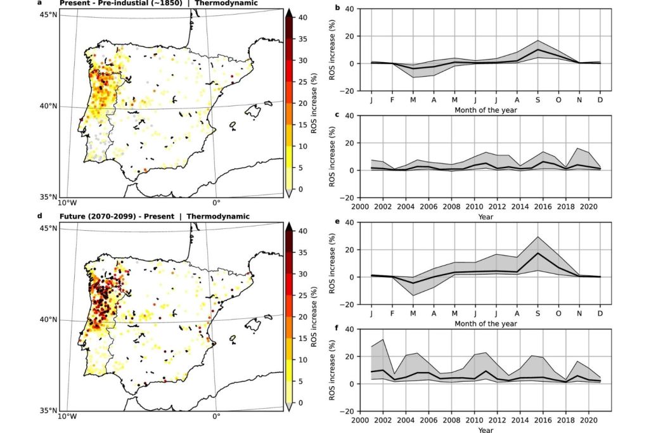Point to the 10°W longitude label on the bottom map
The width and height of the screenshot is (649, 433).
pyautogui.click(x=67, y=417)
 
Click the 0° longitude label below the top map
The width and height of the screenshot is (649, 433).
pyautogui.click(x=215, y=203)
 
